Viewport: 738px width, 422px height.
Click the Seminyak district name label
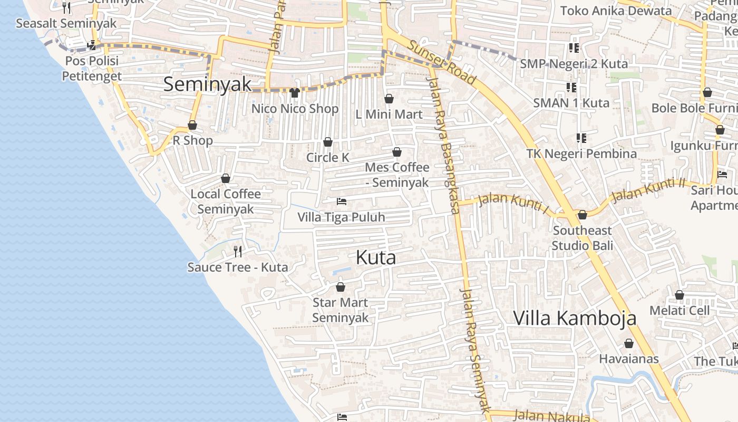207,84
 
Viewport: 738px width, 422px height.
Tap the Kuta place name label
376,257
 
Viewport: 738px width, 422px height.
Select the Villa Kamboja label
575,318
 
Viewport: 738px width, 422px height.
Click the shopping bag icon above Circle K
328,142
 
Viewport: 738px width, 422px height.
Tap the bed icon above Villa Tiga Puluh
342,202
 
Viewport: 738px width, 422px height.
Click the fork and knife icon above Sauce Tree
238,251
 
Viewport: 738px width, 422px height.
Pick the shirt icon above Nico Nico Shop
295,93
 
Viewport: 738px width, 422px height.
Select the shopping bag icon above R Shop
192,125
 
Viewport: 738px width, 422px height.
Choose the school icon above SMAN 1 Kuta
571,87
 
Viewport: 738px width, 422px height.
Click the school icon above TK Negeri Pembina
581,138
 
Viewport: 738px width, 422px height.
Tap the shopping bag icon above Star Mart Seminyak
341,287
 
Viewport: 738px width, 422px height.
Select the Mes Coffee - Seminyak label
397,175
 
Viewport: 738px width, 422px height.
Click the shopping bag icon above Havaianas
629,344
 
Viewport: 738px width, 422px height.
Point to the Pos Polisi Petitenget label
92,68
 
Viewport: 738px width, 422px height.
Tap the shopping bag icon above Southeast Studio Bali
582,215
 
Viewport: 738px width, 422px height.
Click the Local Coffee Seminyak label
226,201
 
